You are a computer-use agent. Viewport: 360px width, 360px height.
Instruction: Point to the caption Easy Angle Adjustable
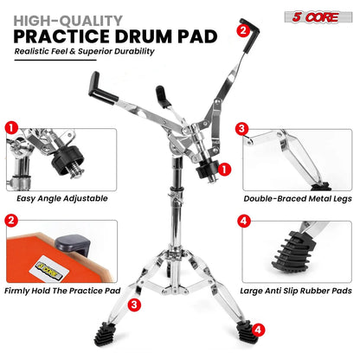pos(57,198)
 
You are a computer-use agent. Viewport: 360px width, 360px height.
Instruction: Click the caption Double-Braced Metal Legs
pos(296,198)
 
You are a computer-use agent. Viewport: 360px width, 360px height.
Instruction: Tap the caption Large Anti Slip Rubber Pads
pos(297,291)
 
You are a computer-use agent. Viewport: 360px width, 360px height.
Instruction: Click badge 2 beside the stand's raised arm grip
pos(244,31)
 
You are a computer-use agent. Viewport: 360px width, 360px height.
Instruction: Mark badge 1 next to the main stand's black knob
pos(224,168)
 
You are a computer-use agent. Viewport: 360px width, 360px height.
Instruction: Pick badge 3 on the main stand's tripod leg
pos(134,305)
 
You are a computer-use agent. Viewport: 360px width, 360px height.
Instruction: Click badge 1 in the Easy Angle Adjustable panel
pos(11,127)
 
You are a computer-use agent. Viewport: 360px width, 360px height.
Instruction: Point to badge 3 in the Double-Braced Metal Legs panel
pos(243,127)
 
